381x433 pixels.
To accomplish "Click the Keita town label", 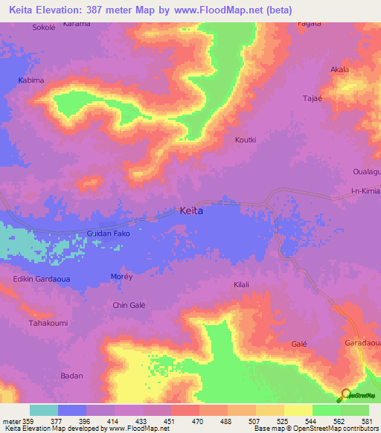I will pyautogui.click(x=191, y=211).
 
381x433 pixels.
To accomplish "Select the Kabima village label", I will pyautogui.click(x=31, y=80).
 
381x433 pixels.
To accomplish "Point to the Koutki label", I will pyautogui.click(x=246, y=139).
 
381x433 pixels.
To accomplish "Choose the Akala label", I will pyautogui.click(x=339, y=69).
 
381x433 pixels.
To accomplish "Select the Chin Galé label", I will pyautogui.click(x=128, y=305).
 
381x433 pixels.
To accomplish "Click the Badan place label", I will pyautogui.click(x=72, y=376).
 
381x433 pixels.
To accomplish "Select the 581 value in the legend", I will pyautogui.click(x=368, y=420).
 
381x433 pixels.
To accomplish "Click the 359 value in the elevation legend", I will pyautogui.click(x=30, y=420).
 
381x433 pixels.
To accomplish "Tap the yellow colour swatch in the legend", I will pyautogui.click(x=298, y=410).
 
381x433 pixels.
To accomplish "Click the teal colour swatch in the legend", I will pyautogui.click(x=44, y=410).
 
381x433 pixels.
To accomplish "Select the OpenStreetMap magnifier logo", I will pyautogui.click(x=345, y=395).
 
